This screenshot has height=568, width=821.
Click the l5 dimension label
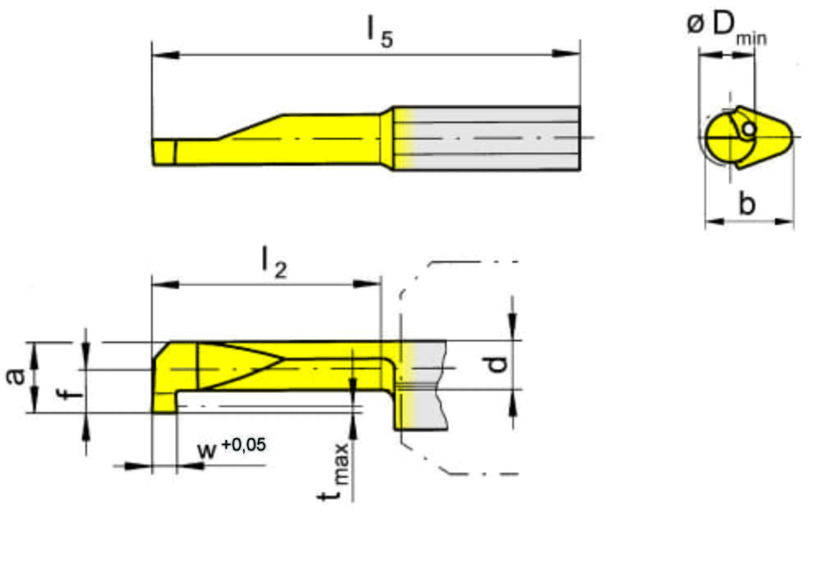tap(380, 33)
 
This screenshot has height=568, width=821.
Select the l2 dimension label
tap(274, 263)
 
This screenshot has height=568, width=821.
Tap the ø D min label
tap(727, 28)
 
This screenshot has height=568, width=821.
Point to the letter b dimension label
tap(747, 203)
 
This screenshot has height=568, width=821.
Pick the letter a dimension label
tap(16, 376)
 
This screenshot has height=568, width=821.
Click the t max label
tap(333, 472)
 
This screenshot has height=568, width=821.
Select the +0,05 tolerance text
tap(244, 444)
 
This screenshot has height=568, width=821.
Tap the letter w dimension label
tap(207, 450)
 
